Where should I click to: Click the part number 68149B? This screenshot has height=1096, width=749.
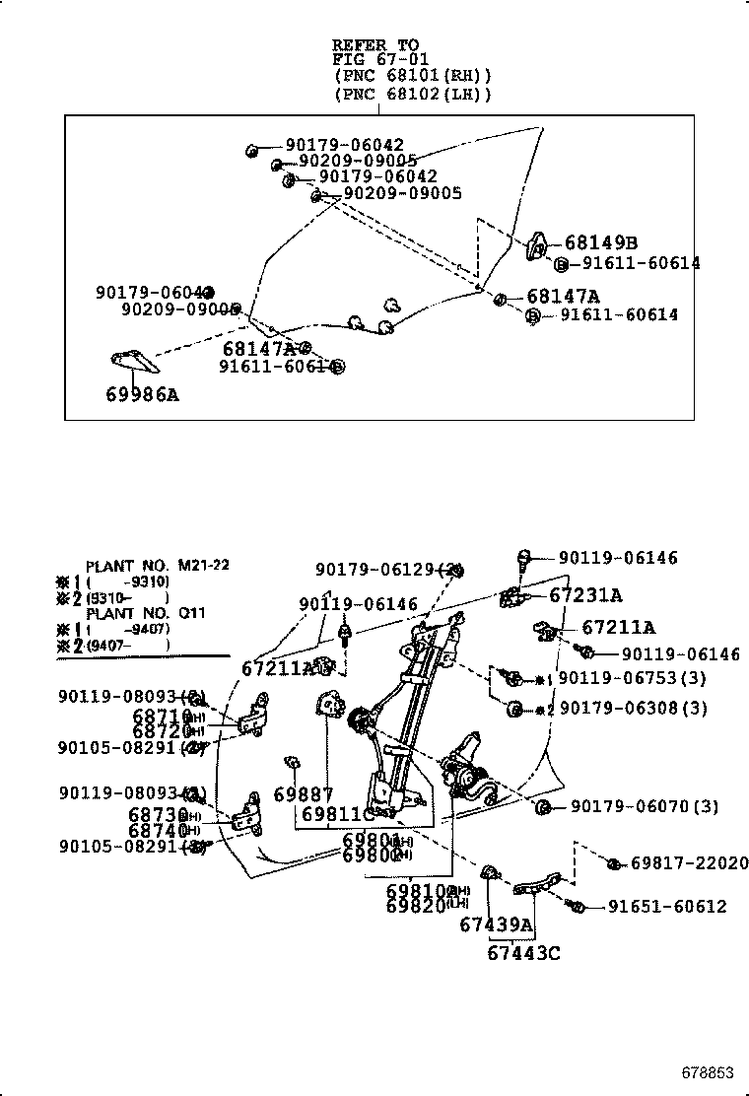(601, 243)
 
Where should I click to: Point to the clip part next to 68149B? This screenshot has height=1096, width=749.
(539, 244)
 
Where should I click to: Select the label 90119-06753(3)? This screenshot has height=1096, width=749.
(633, 679)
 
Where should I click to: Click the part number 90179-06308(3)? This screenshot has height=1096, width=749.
(633, 708)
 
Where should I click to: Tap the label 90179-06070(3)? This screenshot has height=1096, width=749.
(640, 807)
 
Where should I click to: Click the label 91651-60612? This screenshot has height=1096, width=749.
(666, 906)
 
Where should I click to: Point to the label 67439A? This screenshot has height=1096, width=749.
(496, 925)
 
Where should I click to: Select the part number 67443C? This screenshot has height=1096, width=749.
(523, 952)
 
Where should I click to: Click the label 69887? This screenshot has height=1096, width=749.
(304, 794)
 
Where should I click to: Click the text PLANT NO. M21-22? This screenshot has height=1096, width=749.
(157, 566)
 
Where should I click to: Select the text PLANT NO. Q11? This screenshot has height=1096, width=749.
(145, 613)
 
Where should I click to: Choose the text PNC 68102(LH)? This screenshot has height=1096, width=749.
(412, 94)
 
